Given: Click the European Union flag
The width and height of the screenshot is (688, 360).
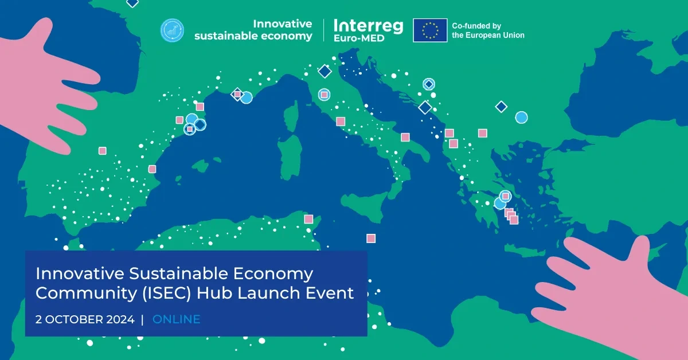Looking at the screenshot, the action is pyautogui.click(x=430, y=30).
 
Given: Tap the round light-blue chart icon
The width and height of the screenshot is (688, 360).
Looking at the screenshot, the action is pyautogui.click(x=173, y=30).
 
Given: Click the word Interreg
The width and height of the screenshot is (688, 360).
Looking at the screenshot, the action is pyautogui.click(x=368, y=26).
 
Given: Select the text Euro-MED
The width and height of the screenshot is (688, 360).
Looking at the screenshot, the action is pyautogui.click(x=359, y=38).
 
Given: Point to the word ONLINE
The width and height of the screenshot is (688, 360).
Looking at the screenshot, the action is pyautogui.click(x=177, y=319).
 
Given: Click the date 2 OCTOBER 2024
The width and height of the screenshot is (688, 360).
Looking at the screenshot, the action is pyautogui.click(x=85, y=319).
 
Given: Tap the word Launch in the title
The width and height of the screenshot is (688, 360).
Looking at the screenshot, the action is pyautogui.click(x=269, y=293).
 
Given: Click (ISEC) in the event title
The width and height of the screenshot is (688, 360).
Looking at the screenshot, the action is pyautogui.click(x=167, y=293).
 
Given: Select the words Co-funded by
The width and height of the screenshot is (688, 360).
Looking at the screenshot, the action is pyautogui.click(x=476, y=26).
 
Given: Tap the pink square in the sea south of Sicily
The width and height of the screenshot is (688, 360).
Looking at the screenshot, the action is pyautogui.click(x=371, y=238).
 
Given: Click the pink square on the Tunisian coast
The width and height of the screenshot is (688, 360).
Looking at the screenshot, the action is pyautogui.click(x=308, y=219).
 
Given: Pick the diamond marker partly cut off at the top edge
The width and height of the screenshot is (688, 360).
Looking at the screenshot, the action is pyautogui.click(x=132, y=2).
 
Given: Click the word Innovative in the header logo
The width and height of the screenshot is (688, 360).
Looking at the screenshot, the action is pyautogui.click(x=282, y=24).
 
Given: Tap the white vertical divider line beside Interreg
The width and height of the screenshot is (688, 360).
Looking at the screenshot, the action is pyautogui.click(x=323, y=30).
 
